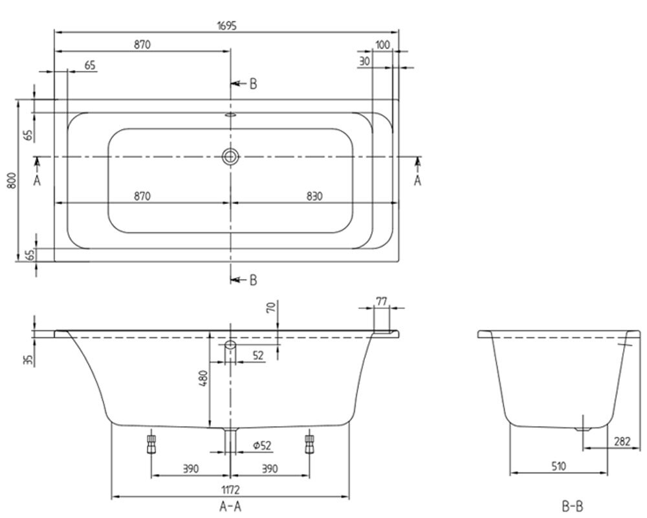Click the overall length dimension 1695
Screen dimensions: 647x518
tap(226, 26)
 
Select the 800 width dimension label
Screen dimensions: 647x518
tap(12, 181)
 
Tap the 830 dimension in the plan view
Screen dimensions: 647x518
tap(314, 196)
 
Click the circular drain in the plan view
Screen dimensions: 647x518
tap(231, 157)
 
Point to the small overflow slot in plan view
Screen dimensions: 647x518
tap(231, 116)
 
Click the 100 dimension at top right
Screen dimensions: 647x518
tap(382, 45)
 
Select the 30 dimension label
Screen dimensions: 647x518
tap(364, 62)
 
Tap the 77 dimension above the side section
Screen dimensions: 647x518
tap(382, 302)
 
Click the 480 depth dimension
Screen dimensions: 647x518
tap(203, 378)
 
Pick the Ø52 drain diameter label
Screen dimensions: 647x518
tap(262, 445)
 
